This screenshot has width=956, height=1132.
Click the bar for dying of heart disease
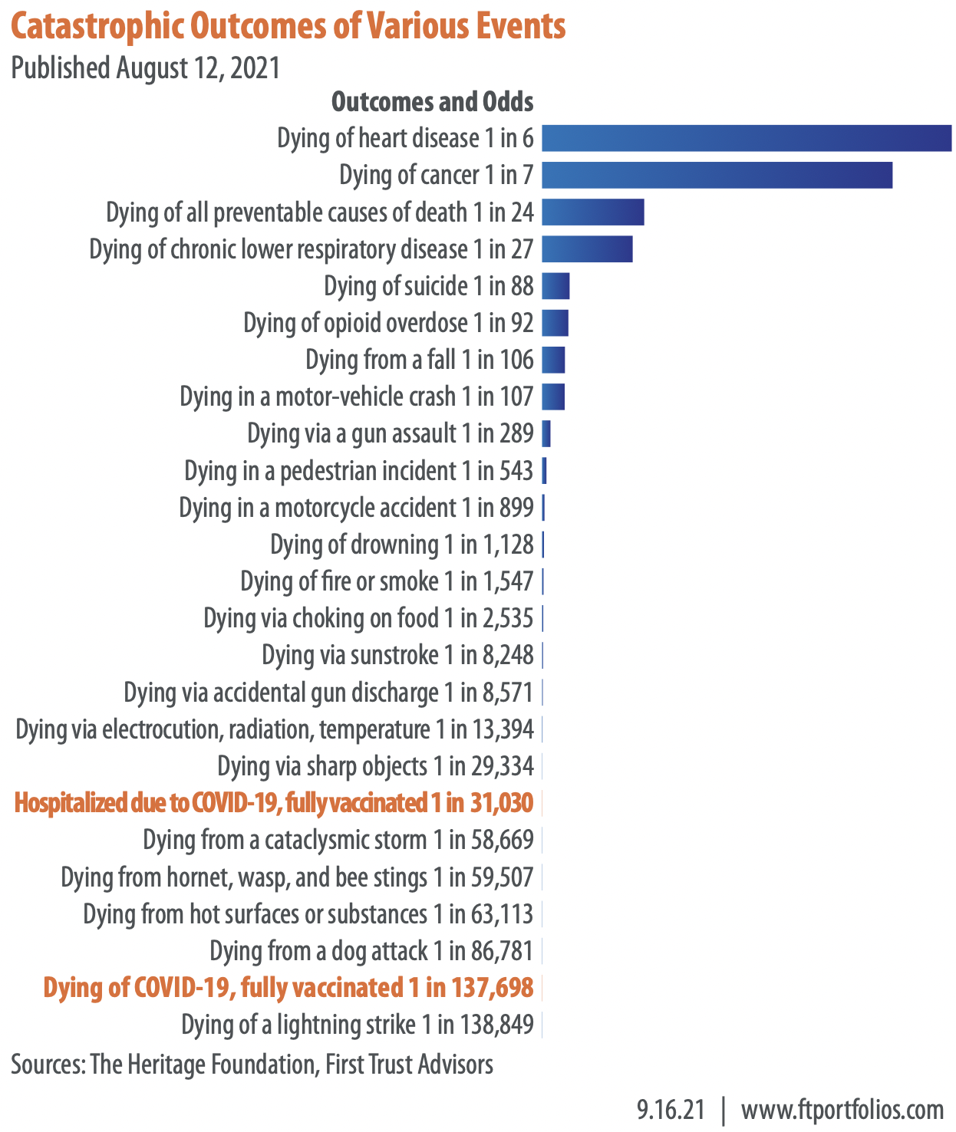(746, 138)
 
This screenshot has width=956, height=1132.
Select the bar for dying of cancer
(717, 175)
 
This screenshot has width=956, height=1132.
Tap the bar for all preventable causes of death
(592, 212)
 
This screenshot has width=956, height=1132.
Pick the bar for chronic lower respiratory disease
(587, 248)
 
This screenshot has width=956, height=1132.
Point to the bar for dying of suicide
(555, 286)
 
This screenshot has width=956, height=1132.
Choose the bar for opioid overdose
(555, 323)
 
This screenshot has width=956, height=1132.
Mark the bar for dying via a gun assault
(546, 433)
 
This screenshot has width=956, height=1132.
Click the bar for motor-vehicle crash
(553, 397)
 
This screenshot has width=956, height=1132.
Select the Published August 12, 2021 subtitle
(146, 67)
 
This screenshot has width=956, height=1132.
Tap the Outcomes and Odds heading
(432, 101)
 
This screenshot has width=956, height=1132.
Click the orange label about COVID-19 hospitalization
(273, 803)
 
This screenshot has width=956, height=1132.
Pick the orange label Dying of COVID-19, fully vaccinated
(288, 987)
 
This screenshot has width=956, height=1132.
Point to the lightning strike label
(357, 1024)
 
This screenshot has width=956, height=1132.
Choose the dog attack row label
(371, 951)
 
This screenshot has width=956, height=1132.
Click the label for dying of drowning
(401, 545)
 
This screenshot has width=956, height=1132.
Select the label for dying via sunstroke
(397, 655)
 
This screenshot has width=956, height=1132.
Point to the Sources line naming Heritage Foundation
(252, 1065)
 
